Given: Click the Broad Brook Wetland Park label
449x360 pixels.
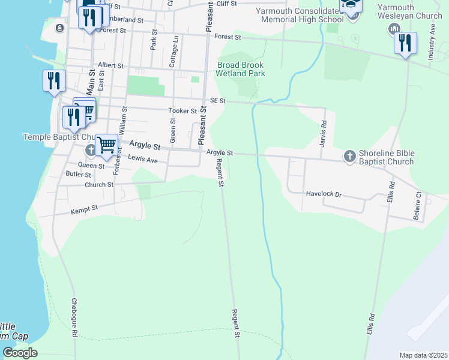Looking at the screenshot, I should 241,69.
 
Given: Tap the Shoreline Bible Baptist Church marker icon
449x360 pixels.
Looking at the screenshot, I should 350,156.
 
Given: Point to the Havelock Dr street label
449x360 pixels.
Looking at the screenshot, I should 324,194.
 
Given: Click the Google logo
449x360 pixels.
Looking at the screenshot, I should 20,353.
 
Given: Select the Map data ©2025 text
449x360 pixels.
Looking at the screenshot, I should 424,355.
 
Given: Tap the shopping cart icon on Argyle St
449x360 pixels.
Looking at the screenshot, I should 106,144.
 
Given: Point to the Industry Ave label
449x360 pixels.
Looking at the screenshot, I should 432,43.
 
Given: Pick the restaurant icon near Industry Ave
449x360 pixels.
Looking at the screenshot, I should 405,43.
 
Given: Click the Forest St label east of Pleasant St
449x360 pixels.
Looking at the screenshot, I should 229,37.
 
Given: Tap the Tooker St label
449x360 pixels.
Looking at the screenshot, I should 182,111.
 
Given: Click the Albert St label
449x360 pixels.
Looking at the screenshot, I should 110,65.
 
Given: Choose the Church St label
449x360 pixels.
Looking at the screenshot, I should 99,185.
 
